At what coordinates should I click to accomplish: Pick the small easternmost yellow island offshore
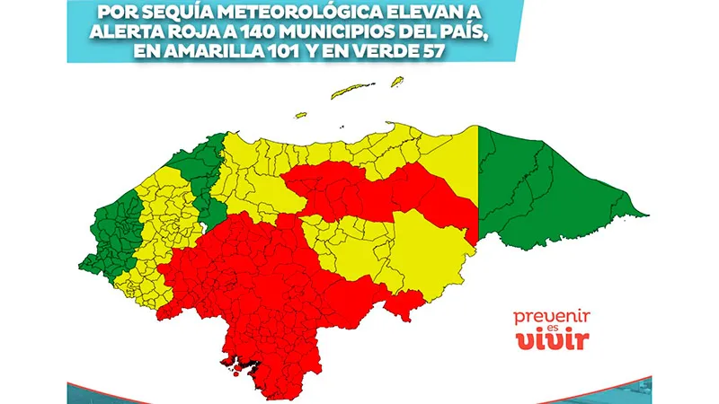(x=395, y=81)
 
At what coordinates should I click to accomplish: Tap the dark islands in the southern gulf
(x=242, y=363)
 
